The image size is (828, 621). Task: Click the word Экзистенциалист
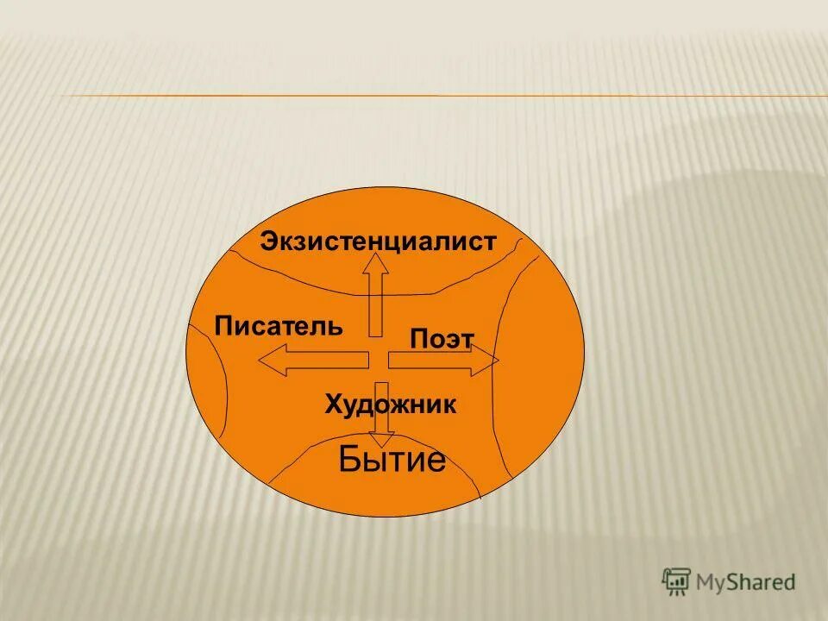click(x=378, y=241)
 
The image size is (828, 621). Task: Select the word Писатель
click(x=279, y=326)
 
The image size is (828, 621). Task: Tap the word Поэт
click(x=442, y=339)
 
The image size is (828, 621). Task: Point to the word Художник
click(x=390, y=405)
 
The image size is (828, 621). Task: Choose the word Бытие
click(x=392, y=461)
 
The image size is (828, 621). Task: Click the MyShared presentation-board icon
click(x=677, y=581)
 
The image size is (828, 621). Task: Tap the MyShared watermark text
click(x=746, y=582)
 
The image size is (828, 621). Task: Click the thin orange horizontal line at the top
click(x=431, y=95)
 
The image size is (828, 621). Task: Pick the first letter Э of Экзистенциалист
click(x=268, y=241)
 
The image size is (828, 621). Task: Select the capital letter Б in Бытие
click(x=349, y=461)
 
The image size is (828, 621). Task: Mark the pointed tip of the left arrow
click(x=261, y=361)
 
